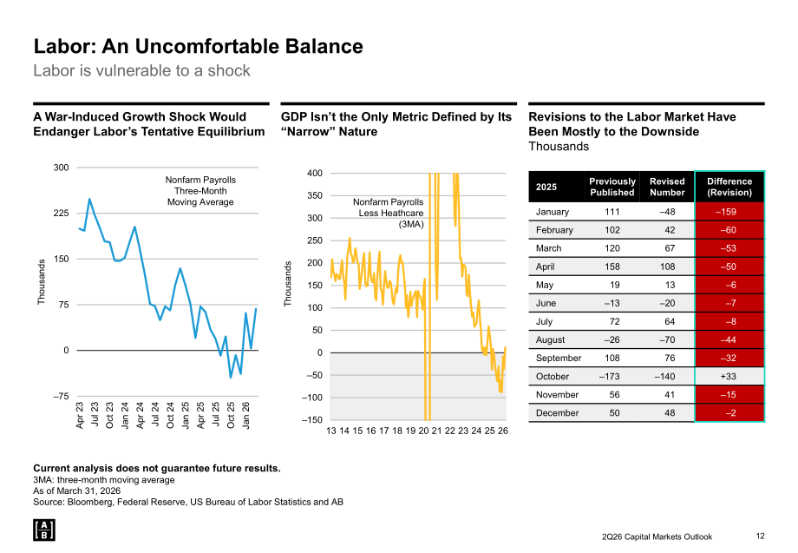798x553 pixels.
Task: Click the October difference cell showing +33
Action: (729, 376)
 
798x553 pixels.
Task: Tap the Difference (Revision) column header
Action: (729, 187)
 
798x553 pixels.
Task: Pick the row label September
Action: (559, 358)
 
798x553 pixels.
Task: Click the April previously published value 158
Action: (612, 267)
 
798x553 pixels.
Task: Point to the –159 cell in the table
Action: (729, 212)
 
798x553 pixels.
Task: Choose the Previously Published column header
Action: (612, 187)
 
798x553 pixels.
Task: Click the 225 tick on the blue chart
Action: (61, 213)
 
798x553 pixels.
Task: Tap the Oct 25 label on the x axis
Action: (231, 416)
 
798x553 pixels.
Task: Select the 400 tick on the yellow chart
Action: (315, 173)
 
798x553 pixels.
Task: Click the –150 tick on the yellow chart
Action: (312, 420)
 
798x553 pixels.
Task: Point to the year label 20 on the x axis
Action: (423, 431)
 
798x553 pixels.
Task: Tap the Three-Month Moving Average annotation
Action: (200, 196)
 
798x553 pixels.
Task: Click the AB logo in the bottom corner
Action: (43, 530)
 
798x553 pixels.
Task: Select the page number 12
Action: (761, 537)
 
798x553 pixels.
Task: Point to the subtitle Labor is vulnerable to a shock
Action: (141, 70)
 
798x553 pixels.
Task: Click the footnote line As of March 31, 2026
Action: (77, 490)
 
